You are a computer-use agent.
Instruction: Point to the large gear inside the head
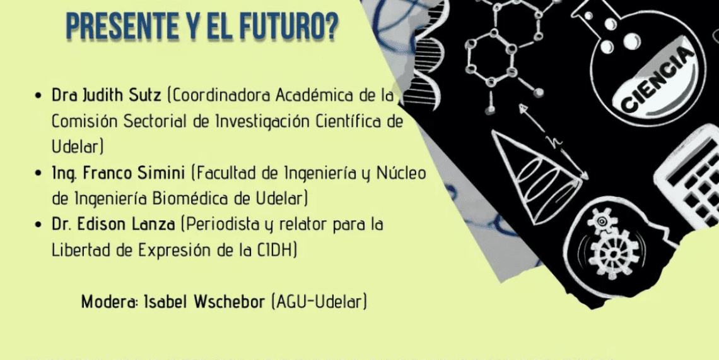[614, 250]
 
